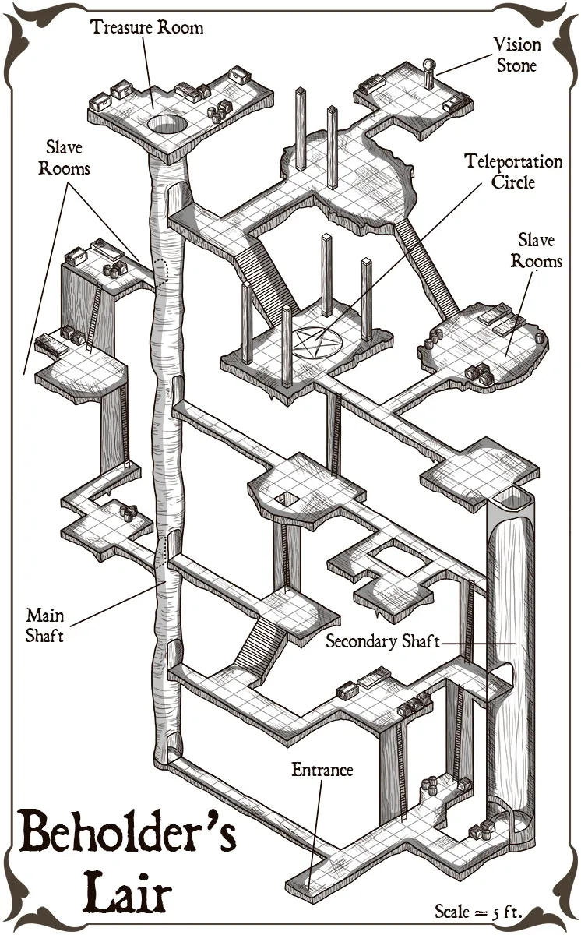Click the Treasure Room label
(x=146, y=28)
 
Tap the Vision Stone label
(x=516, y=55)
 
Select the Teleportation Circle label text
(x=513, y=171)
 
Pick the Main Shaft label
(x=45, y=625)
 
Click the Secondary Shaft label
(x=382, y=641)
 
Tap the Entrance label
(x=322, y=770)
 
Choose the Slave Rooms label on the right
(x=537, y=250)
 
